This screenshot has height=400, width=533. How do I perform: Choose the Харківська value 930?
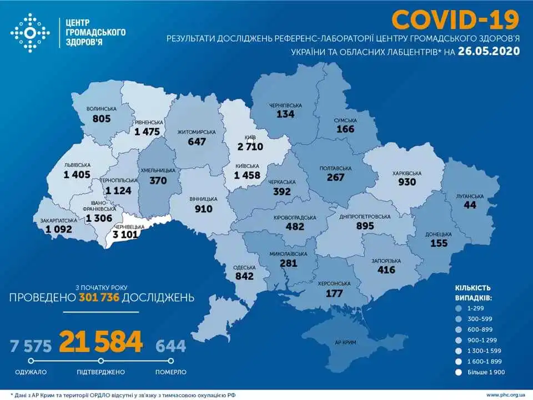pyautogui.click(x=407, y=183)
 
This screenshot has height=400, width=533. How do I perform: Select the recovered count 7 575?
pyautogui.click(x=31, y=346)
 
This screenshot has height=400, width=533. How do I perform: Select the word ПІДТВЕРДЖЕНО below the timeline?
pyautogui.click(x=101, y=372)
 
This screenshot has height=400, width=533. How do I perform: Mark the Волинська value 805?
pyautogui.click(x=102, y=118)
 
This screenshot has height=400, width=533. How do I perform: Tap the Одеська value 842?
pyautogui.click(x=244, y=276)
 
